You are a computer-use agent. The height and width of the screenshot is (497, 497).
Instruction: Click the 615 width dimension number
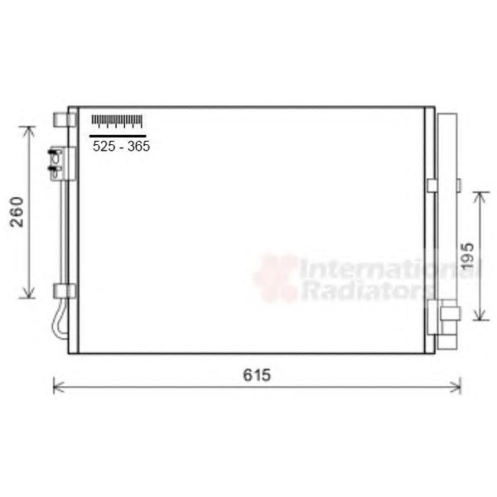click(257, 375)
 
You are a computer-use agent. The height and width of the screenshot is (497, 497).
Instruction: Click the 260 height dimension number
click(17, 212)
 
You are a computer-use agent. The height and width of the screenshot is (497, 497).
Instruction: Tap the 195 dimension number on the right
click(467, 257)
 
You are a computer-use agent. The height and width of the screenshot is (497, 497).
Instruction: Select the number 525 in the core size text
click(104, 146)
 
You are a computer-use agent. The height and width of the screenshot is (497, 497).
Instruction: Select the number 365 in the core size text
click(138, 146)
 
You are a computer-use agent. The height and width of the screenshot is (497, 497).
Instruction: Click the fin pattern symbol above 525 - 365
click(117, 121)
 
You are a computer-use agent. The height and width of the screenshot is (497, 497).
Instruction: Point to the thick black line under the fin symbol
click(118, 136)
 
